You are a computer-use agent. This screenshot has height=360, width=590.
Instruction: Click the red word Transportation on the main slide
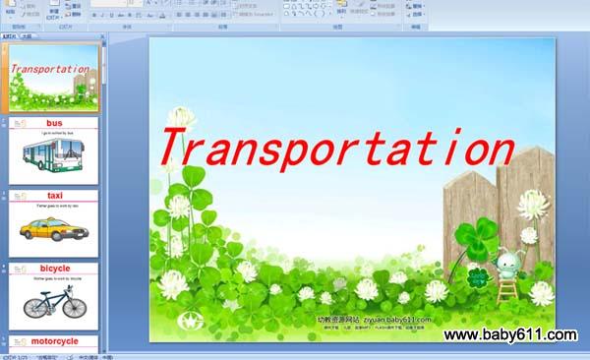[334, 149]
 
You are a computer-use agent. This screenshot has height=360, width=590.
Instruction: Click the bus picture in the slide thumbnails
[55, 154]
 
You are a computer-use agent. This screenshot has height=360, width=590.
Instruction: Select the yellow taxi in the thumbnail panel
[52, 229]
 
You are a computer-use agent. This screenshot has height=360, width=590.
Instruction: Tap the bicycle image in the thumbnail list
[54, 303]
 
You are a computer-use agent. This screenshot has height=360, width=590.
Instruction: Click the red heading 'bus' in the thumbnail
[55, 123]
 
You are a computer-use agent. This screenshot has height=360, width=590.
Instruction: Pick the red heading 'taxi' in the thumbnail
[55, 196]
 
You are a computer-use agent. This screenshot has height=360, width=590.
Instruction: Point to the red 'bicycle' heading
[55, 269]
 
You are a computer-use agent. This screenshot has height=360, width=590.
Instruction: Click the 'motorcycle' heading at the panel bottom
[55, 341]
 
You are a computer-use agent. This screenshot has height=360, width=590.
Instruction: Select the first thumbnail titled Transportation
[55, 77]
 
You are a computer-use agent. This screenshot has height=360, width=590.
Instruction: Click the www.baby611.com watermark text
[509, 335]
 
